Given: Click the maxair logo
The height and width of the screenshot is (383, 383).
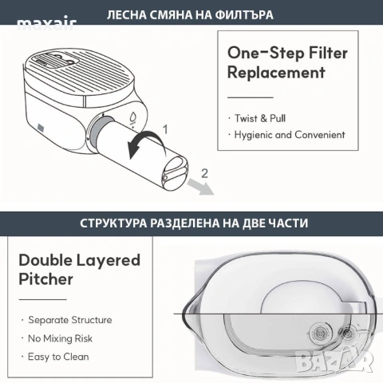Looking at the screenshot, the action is (47, 25).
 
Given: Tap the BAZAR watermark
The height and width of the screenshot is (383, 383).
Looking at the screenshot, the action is (334, 361).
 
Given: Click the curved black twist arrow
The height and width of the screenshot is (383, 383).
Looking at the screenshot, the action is (146, 142).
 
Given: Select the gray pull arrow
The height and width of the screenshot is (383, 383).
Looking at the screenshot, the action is (201, 187).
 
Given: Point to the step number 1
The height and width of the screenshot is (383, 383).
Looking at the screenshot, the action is (165, 129).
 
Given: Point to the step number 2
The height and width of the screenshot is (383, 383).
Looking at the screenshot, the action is (204, 173).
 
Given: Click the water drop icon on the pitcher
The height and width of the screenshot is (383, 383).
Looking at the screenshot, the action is (132, 117).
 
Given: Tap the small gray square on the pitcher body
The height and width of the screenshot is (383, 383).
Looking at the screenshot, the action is (41, 127).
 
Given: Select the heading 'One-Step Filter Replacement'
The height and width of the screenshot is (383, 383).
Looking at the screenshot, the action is (287, 62).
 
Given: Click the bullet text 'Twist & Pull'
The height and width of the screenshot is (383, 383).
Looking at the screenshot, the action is (260, 118).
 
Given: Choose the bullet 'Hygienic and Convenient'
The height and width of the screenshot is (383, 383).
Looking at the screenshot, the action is (290, 135).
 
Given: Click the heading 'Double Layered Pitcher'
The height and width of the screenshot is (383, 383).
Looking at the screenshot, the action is (79, 270).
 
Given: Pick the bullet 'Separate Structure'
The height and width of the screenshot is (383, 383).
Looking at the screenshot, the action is (70, 320).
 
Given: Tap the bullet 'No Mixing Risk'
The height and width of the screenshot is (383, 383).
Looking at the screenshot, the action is (60, 338).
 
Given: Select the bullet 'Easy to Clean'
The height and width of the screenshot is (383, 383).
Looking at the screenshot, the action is (58, 357).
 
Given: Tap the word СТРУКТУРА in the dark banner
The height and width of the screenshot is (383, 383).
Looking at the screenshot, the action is (113, 223).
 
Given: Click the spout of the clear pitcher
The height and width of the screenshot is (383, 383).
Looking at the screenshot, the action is (190, 314).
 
